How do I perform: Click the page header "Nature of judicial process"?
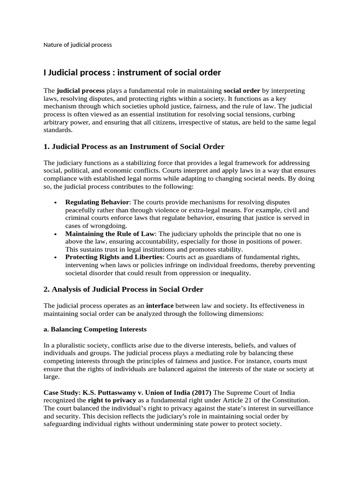[77, 45]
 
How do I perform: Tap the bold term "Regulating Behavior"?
[97, 202]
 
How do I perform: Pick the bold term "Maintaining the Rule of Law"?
[110, 233]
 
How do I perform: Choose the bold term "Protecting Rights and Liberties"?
[114, 257]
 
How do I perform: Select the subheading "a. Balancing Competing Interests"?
[95, 329]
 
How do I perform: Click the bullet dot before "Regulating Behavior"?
[56, 202]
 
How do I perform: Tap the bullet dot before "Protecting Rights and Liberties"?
[56, 258]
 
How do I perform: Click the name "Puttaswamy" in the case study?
[117, 392]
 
